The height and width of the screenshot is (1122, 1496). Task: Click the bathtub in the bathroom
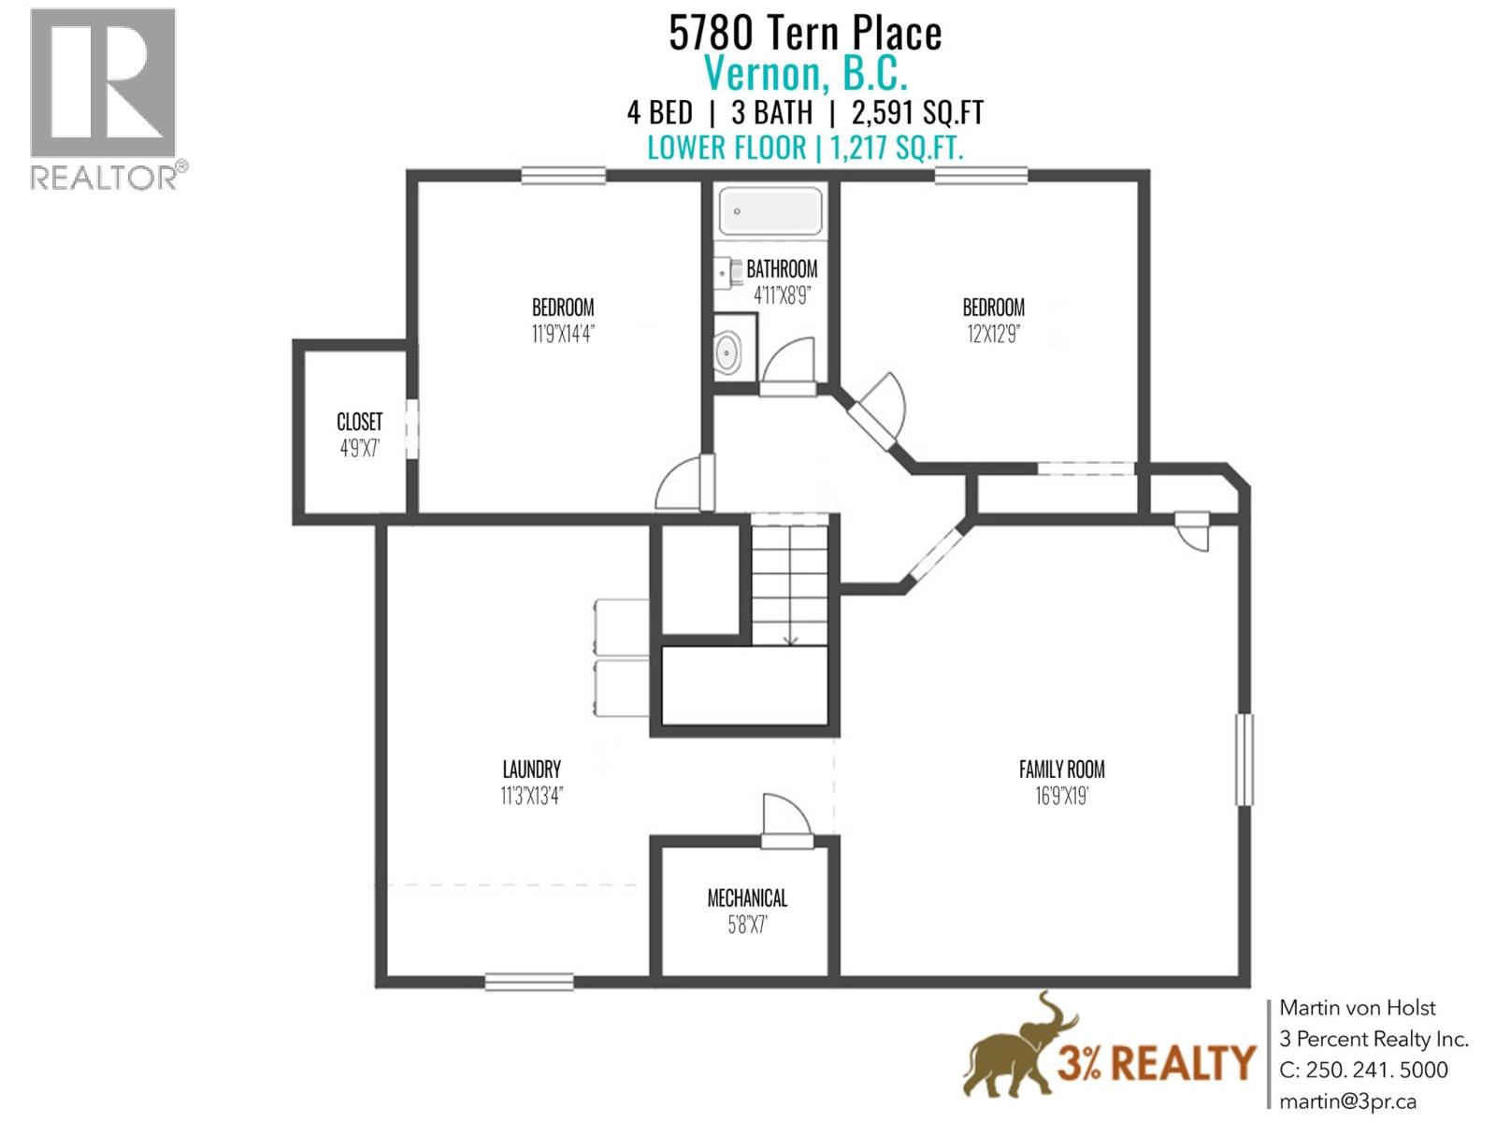tap(770, 210)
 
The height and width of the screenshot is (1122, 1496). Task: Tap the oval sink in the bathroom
tap(726, 353)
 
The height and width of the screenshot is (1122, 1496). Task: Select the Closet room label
tap(359, 422)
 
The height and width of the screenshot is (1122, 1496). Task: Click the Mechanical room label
tap(747, 899)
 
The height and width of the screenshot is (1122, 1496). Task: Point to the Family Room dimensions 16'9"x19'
tap(1061, 797)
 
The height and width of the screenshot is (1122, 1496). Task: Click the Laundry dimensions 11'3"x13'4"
tap(531, 797)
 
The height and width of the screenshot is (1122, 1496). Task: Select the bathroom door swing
tap(789, 361)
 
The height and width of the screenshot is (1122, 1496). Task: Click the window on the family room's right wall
tap(1244, 759)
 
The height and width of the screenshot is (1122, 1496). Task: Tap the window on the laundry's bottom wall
tap(529, 982)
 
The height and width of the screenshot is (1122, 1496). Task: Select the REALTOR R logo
tap(103, 84)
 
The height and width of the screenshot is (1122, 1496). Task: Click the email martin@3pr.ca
tap(1348, 1101)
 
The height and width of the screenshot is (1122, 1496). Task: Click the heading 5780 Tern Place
tap(805, 34)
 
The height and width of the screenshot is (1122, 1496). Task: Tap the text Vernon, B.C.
tap(805, 73)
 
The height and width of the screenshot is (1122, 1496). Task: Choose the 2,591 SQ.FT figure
tap(917, 113)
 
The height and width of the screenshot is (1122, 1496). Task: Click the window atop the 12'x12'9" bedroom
tap(982, 175)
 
